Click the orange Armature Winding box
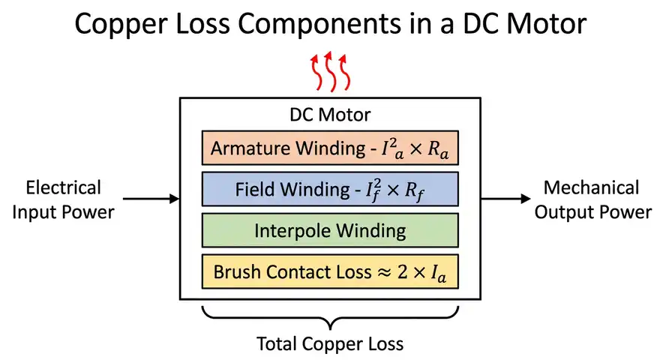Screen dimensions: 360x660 pyautogui.click(x=329, y=148)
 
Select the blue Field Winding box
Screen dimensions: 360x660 pyautogui.click(x=329, y=189)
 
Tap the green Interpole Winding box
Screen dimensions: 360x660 pyautogui.click(x=329, y=230)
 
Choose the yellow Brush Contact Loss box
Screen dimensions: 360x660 pyautogui.click(x=329, y=271)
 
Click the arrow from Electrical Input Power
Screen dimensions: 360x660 pyautogui.click(x=150, y=199)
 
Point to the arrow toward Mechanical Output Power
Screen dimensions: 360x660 pyautogui.click(x=507, y=199)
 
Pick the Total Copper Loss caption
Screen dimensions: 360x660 pyautogui.click(x=330, y=344)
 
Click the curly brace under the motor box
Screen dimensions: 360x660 pyautogui.click(x=330, y=319)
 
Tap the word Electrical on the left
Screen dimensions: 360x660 pyautogui.click(x=63, y=187)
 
